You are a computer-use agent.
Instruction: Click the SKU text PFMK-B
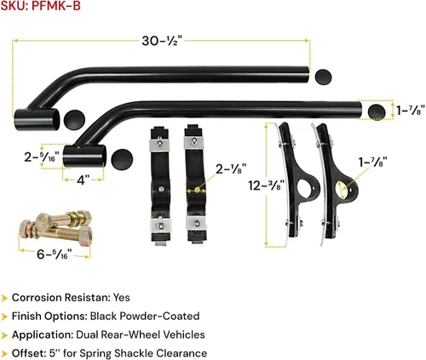point(56,6)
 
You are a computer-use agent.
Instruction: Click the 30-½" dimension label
point(162,41)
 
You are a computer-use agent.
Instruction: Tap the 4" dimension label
point(83,180)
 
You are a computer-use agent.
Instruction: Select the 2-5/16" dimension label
point(42,157)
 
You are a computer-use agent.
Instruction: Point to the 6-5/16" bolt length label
point(54,254)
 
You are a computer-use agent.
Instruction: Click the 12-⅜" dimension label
point(266,186)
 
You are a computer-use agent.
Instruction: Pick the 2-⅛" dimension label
point(231,169)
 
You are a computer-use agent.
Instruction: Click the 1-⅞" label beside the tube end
point(411,111)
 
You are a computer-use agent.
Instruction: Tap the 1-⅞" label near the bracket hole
point(372,163)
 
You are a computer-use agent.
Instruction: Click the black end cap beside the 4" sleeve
point(122,159)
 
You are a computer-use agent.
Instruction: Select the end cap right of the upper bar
point(323,77)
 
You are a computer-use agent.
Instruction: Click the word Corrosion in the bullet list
point(37,298)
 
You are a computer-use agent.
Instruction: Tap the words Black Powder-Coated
point(145,316)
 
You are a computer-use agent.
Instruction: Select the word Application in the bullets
point(43,335)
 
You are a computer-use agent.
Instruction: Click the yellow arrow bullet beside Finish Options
point(4,317)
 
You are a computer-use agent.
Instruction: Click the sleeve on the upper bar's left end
point(37,119)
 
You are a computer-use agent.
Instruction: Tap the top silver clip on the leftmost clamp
point(159,144)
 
